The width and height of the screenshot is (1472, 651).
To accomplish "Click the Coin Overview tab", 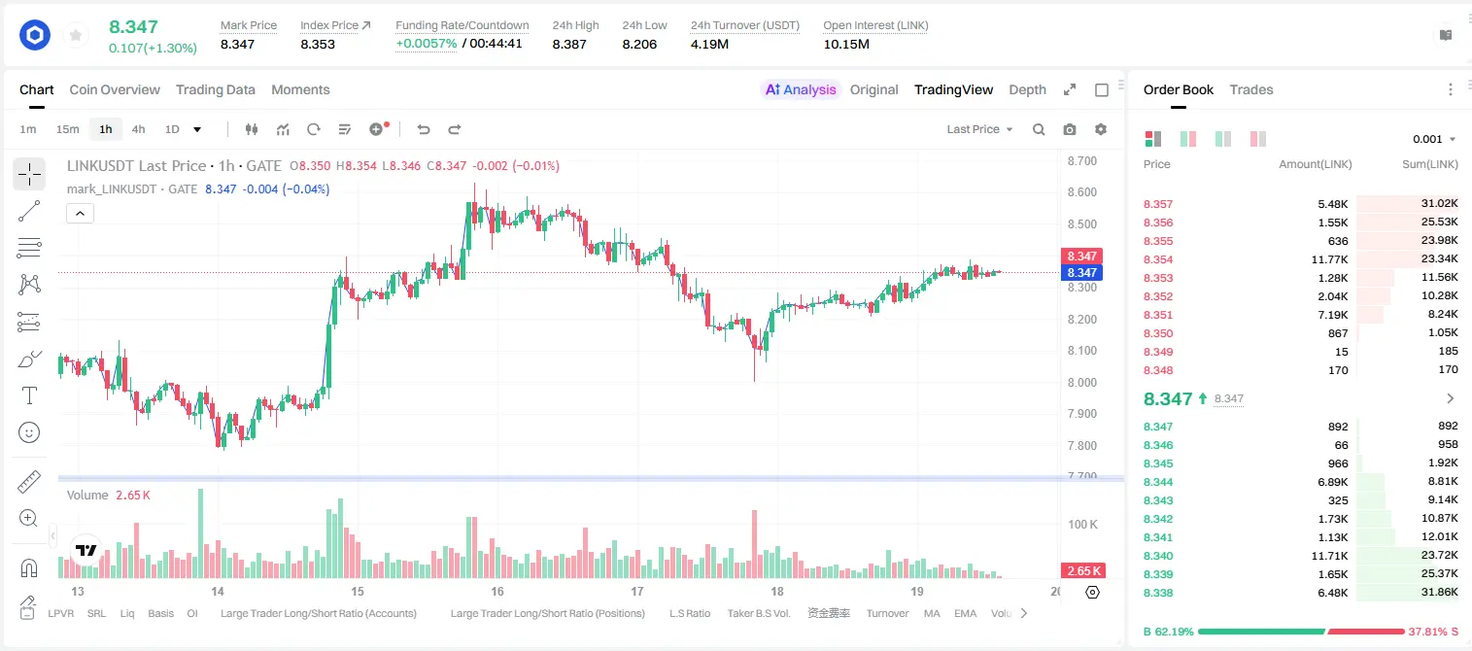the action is tap(115, 89).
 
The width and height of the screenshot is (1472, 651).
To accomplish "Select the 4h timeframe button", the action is tap(138, 129).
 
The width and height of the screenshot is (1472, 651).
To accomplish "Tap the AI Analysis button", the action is tap(801, 89).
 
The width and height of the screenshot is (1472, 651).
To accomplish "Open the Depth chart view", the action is tap(1027, 89).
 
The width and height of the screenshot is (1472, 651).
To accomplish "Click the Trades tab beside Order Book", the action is tap(1251, 89).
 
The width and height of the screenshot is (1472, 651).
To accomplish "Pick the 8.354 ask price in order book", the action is tap(1158, 259).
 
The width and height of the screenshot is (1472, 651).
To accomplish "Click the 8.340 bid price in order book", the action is tap(1158, 556).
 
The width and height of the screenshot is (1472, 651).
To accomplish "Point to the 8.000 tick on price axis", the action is tap(1082, 382).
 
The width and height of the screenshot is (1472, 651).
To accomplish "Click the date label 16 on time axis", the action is tap(497, 591).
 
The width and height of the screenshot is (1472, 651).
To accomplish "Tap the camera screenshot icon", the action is tap(1070, 129).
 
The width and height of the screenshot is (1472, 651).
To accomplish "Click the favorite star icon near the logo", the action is tap(76, 35).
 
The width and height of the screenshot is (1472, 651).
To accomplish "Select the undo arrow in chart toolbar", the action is tap(424, 129).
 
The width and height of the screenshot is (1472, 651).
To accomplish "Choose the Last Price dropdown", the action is tap(979, 129).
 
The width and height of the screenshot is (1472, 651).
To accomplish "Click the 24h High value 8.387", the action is tap(569, 44).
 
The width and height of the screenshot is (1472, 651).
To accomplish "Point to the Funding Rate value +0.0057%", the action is tap(426, 44).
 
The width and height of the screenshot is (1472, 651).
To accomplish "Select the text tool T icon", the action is tap(29, 395).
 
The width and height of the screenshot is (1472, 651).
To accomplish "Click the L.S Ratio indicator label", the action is tap(689, 613).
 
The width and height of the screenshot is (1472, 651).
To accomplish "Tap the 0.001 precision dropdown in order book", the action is tap(1434, 139).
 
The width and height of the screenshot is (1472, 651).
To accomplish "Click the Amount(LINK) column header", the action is tap(1315, 164).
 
